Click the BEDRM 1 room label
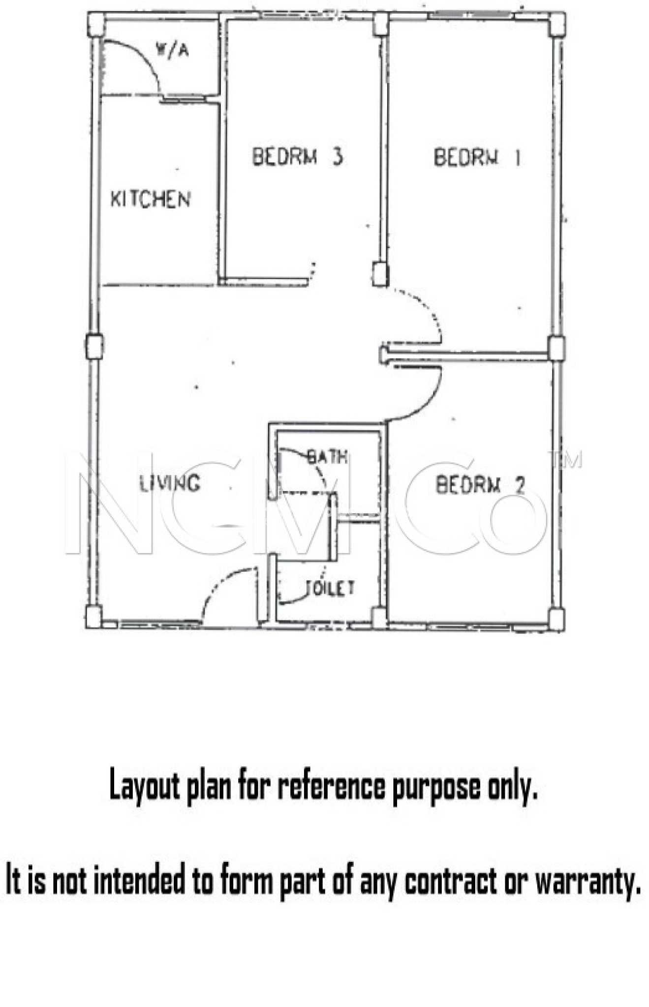pyautogui.click(x=476, y=157)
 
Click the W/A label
pyautogui.click(x=172, y=50)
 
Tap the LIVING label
pyautogui.click(x=170, y=483)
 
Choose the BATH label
pyautogui.click(x=327, y=457)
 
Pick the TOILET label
pyautogui.click(x=330, y=588)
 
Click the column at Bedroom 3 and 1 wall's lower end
pyautogui.click(x=380, y=274)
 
